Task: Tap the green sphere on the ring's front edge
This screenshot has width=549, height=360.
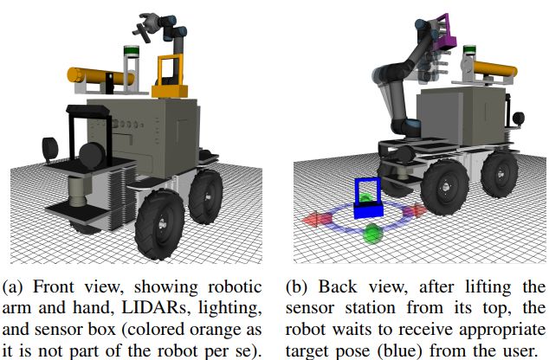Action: pyautogui.click(x=374, y=235)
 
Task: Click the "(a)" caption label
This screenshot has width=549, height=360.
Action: pyautogui.click(x=15, y=286)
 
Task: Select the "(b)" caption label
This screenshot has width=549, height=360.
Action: pyautogui.click(x=297, y=286)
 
